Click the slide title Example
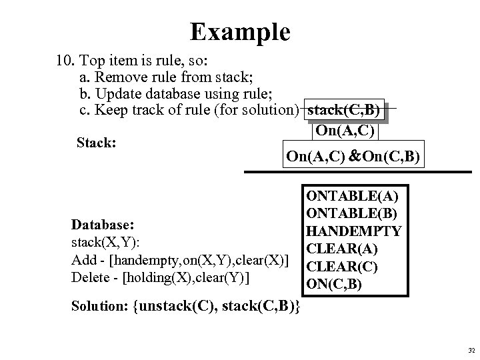coord(239,31)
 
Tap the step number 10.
coord(65,61)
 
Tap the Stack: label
coord(97,142)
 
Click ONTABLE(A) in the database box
coord(344,197)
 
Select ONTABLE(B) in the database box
coord(344,214)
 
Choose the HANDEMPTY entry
coord(353,231)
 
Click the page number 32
coord(471,350)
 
